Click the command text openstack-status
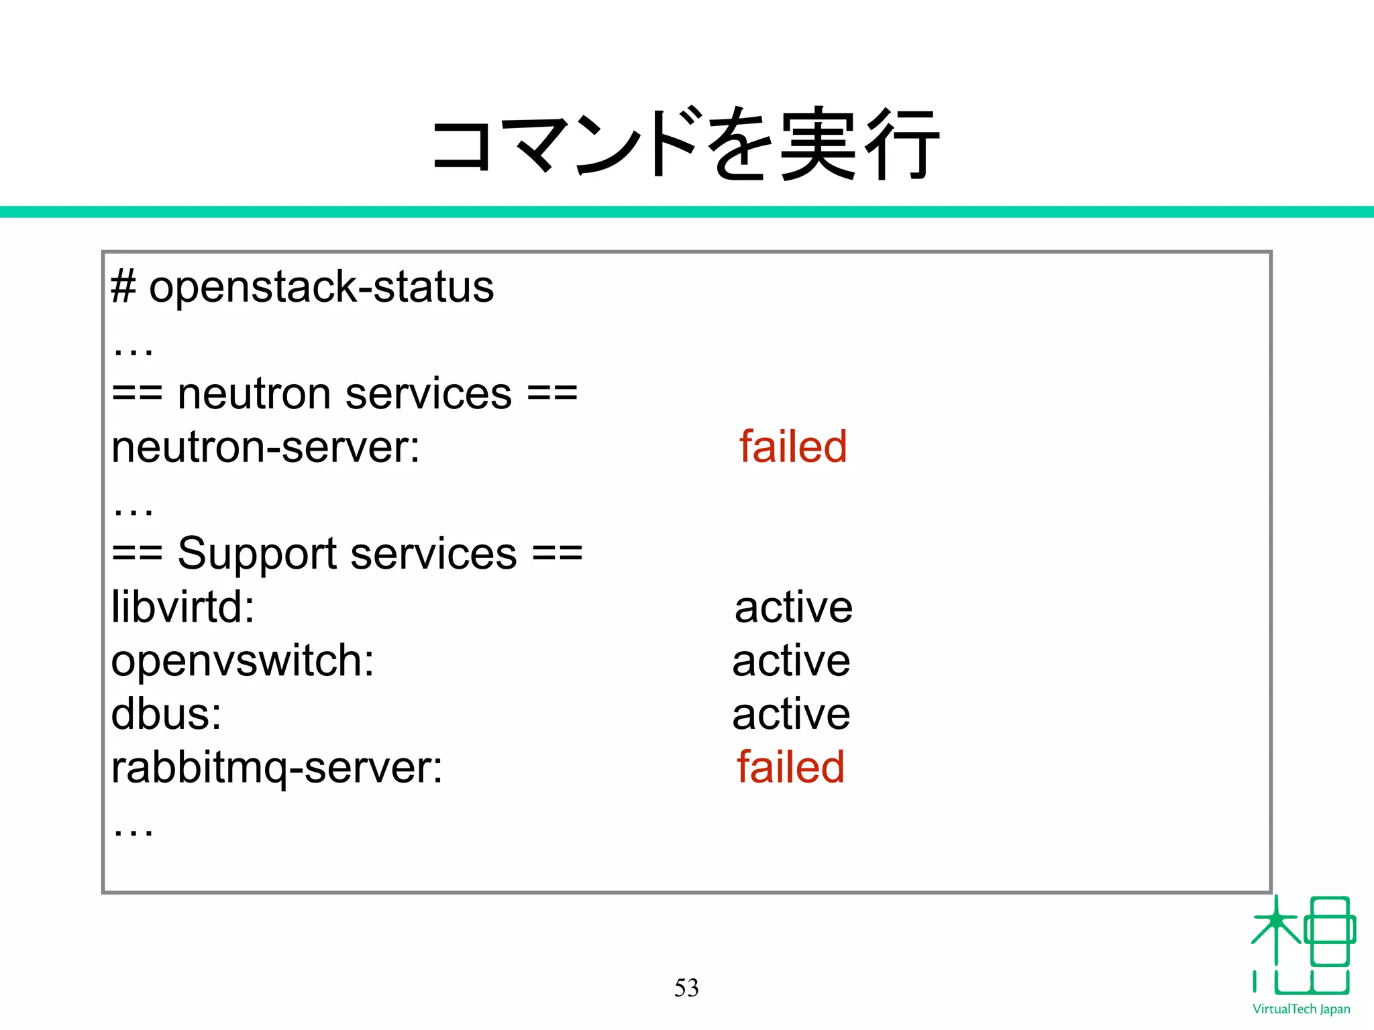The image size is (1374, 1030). [x=321, y=287]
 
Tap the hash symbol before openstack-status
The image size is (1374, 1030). [x=123, y=287]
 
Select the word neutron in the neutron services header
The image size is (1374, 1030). [x=254, y=394]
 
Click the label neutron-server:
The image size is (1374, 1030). [x=265, y=447]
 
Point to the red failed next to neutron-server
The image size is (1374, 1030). [x=793, y=447]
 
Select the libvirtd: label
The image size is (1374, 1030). [x=182, y=607]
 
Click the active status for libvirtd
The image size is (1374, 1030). [x=793, y=608]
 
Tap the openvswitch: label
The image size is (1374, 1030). [x=242, y=661]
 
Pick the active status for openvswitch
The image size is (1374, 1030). [x=791, y=661]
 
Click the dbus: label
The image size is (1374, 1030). [x=166, y=714]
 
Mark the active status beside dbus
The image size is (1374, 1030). [x=791, y=714]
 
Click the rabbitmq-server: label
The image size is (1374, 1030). [x=276, y=768]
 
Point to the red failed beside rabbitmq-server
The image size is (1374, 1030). [x=790, y=767]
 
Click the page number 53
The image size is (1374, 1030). [x=686, y=988]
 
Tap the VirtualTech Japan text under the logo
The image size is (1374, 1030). [x=1301, y=1009]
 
